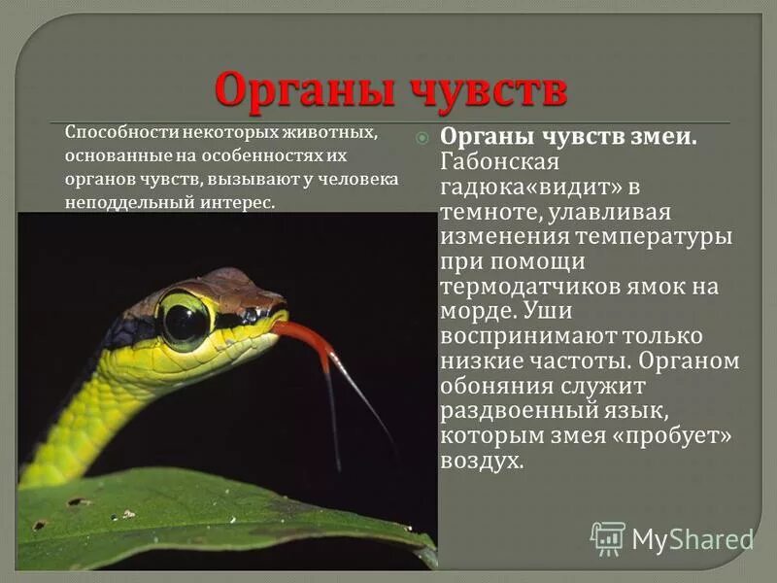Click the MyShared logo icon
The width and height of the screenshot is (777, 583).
pyautogui.click(x=608, y=537)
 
